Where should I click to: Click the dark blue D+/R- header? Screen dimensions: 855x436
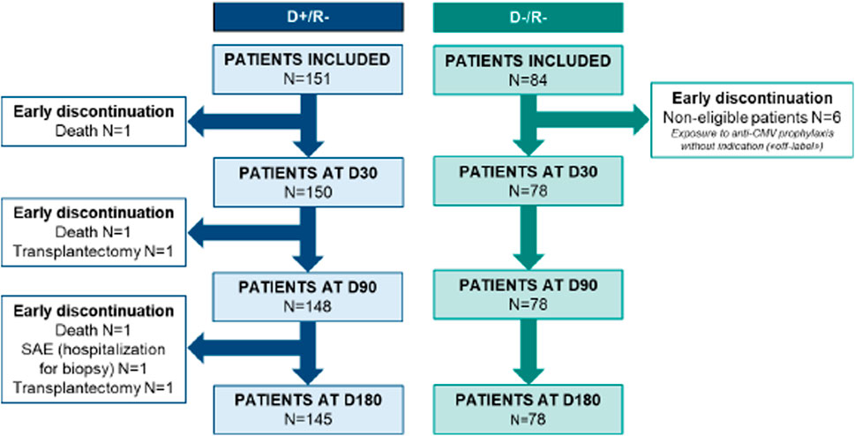(x=309, y=17)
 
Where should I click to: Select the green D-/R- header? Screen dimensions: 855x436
(x=528, y=17)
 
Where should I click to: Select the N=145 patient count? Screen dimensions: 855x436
(x=309, y=418)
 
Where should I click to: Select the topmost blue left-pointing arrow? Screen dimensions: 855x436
(x=244, y=121)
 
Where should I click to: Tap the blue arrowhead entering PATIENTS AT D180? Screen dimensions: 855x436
(x=309, y=375)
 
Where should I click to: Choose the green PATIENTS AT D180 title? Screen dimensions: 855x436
(x=528, y=400)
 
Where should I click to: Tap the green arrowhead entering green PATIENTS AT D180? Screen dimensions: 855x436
(x=528, y=375)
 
